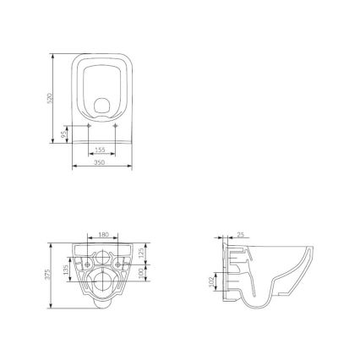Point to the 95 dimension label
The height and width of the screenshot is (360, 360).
[65, 134]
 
